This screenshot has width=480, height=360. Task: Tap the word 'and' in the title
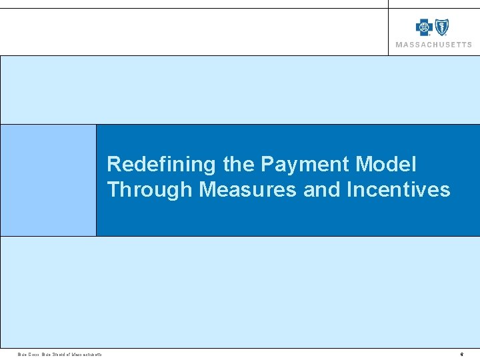point(321,189)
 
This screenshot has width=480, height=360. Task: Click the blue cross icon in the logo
point(424,27)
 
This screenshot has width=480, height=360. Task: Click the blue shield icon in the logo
point(442,27)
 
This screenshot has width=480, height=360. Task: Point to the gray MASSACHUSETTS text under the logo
point(433,45)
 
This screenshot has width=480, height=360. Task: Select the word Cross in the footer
point(33,354)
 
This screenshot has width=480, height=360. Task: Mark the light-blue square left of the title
point(48,180)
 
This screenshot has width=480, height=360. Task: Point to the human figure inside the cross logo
point(424,27)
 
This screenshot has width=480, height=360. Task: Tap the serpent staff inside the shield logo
point(442,27)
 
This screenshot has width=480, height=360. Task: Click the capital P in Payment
point(267,164)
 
